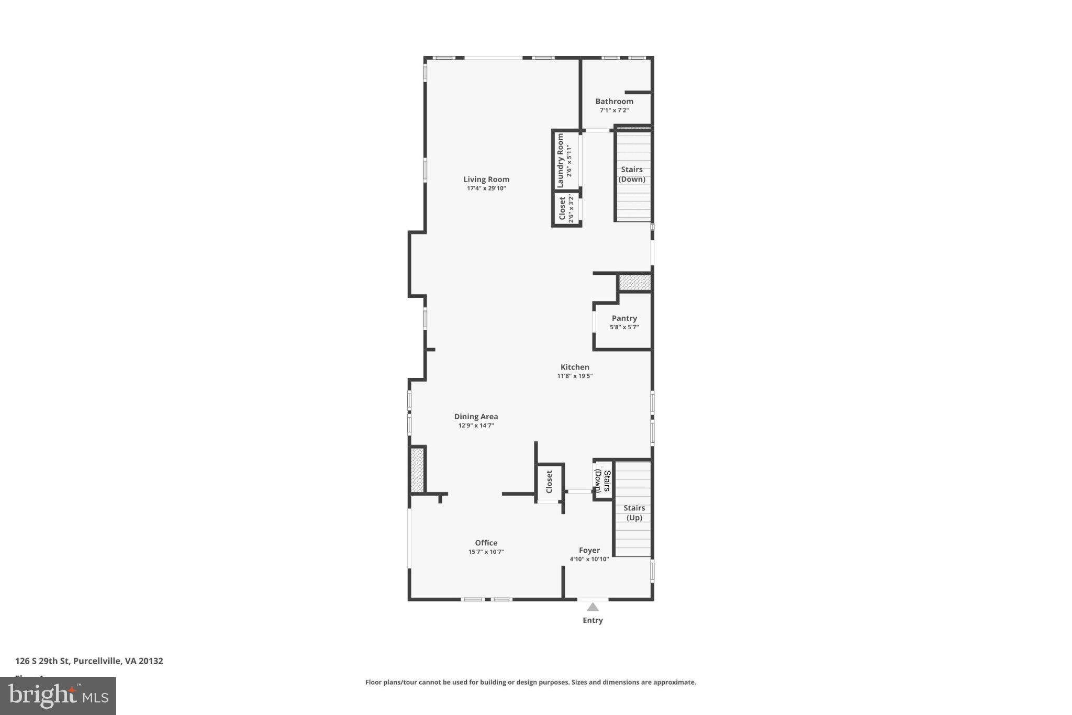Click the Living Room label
coord(486,180)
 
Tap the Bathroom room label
coord(614,102)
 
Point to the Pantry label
coord(624,318)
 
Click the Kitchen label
coord(575,367)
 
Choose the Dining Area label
coord(476,417)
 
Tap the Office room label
coord(486,543)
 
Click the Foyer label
coord(589,550)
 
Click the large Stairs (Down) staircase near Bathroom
coord(632,175)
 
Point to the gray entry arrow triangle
coord(593,607)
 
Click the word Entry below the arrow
coord(593,620)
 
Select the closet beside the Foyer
coord(549,482)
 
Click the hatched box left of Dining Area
coord(417,470)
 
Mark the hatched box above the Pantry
coord(634,283)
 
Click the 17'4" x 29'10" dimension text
coord(486,188)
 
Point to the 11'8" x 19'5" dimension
coord(575,376)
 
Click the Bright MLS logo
coord(58,696)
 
